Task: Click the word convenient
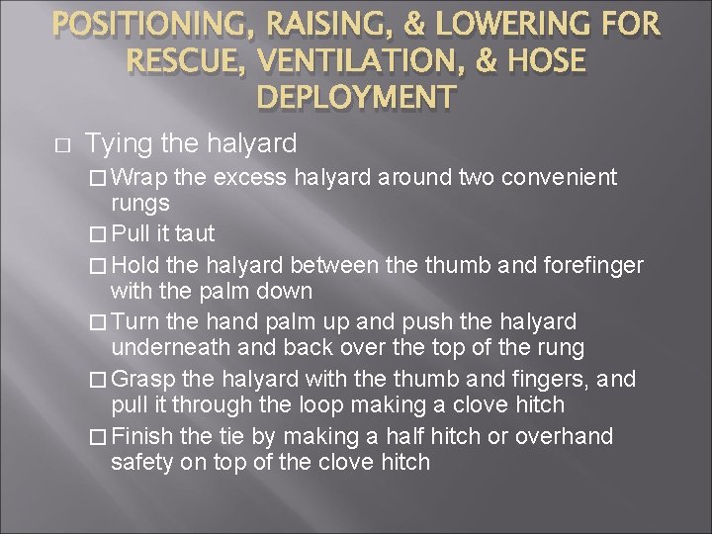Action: click(x=559, y=178)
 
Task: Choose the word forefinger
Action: click(x=586, y=264)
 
